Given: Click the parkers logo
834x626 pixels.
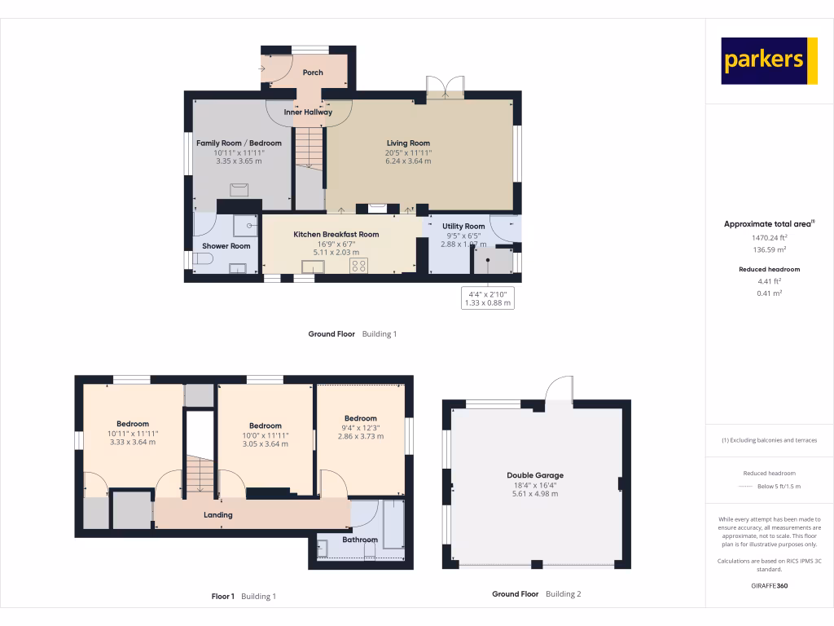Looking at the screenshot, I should click(x=769, y=60).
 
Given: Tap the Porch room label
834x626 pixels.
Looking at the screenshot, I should click(x=313, y=73).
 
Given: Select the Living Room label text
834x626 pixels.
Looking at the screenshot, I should click(x=408, y=143).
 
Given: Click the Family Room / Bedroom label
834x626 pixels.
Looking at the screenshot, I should click(x=239, y=143).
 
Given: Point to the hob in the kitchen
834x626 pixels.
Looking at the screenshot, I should click(x=358, y=266).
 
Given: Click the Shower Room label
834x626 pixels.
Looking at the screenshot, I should click(x=226, y=245).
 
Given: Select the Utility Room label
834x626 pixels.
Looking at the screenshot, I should click(x=463, y=227).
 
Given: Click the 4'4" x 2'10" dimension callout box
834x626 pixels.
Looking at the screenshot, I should click(x=488, y=298).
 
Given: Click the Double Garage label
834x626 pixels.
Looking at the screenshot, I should click(x=535, y=475).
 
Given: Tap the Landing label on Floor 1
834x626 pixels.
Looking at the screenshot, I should click(x=218, y=514).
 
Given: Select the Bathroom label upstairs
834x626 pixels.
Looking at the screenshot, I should click(x=360, y=540).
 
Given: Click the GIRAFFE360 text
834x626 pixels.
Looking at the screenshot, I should click(x=770, y=585).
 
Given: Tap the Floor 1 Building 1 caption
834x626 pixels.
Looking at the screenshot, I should click(x=244, y=597).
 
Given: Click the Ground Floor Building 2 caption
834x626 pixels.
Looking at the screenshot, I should click(x=536, y=594).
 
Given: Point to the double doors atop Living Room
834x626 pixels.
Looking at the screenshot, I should click(x=445, y=88).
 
